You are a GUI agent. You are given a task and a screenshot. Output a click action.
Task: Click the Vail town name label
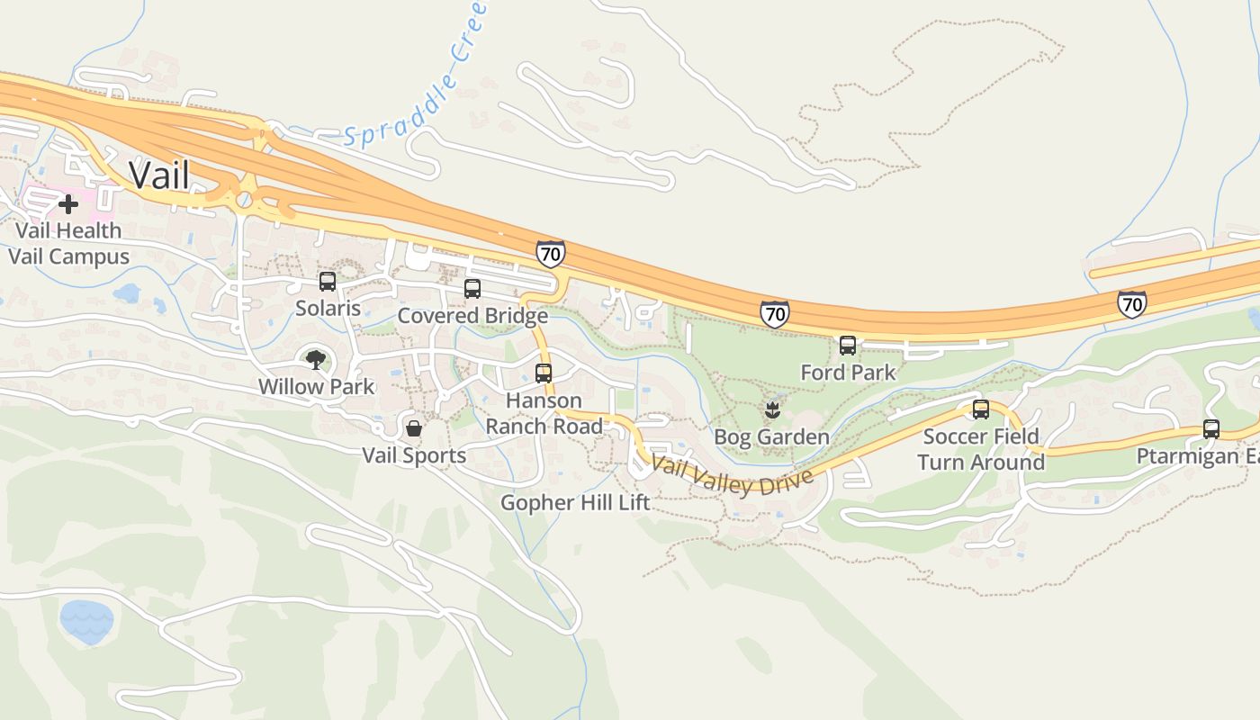click(x=159, y=175)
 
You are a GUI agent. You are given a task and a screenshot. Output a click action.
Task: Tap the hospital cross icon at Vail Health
click(x=68, y=204)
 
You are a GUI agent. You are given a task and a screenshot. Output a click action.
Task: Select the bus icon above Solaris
click(x=328, y=282)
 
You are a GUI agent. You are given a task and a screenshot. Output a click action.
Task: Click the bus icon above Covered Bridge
click(x=472, y=289)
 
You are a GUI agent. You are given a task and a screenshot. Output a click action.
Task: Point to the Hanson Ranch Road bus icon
click(x=544, y=373)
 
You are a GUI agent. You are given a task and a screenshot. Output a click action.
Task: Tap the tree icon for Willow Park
click(x=316, y=361)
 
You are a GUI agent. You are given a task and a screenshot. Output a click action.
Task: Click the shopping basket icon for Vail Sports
click(x=414, y=428)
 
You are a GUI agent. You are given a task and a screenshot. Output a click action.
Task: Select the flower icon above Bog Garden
click(x=771, y=411)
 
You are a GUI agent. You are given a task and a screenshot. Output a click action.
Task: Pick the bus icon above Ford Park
click(x=848, y=346)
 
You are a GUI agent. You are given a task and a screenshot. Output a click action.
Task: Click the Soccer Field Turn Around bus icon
click(x=981, y=409)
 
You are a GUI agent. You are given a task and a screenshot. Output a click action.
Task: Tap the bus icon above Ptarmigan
click(x=1211, y=429)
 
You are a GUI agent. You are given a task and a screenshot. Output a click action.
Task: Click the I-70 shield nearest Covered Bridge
click(x=550, y=254)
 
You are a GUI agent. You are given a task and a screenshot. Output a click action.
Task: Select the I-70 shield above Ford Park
click(x=774, y=313)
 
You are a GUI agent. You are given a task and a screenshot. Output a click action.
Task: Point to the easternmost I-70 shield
click(x=1132, y=303)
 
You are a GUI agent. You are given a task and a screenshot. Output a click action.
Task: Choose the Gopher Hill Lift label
click(x=575, y=502)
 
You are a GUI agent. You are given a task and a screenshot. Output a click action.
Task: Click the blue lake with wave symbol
click(x=87, y=619)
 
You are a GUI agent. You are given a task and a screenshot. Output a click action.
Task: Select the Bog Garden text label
click(x=771, y=437)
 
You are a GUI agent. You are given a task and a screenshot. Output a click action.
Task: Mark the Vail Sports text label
click(x=414, y=455)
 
